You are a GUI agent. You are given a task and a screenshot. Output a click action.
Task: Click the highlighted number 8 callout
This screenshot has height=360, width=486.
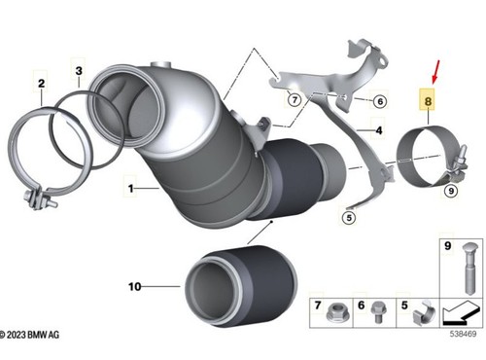coord(428,101)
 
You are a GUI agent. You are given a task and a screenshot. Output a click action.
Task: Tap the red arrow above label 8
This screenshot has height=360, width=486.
coord(435,72)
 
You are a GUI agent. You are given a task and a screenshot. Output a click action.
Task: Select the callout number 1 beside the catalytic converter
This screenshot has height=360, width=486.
coord(130,189)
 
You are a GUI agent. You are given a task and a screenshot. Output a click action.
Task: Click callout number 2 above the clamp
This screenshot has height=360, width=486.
coord(41,84)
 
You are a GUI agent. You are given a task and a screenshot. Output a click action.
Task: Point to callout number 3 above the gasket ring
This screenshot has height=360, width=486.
coord(79,70)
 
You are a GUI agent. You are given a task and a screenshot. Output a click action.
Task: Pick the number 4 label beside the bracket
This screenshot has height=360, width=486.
coord(379,130)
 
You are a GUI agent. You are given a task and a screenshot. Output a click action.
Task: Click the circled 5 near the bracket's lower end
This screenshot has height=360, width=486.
coord(349,217)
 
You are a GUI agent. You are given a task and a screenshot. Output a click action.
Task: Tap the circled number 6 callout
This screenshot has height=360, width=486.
coord(380,101)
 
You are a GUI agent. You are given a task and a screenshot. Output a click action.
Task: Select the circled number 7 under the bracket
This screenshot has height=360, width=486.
coord(295,99)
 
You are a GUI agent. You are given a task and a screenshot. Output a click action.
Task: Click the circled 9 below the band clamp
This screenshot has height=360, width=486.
coord(451,191)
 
